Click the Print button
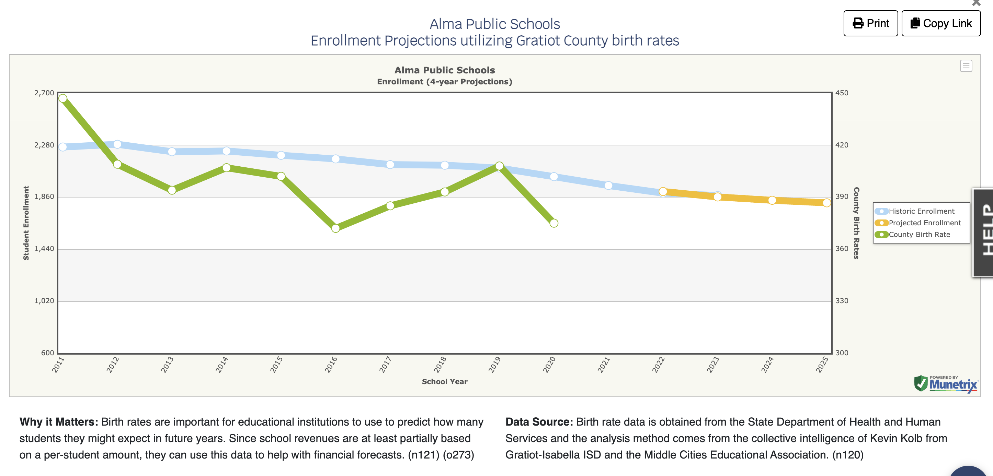coord(870,24)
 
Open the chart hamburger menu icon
coord(966,66)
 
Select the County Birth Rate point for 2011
coord(63,98)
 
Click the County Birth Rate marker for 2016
coord(335,228)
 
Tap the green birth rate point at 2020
coord(553,223)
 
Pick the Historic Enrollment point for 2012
coord(117,144)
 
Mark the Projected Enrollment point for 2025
coord(826,203)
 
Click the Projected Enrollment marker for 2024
coord(772,200)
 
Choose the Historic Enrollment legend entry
coord(921,211)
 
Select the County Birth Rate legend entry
coord(919,235)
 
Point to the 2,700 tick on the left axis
coord(44,93)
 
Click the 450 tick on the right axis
coord(842,93)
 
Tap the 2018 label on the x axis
coord(440,364)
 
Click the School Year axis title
coord(444,382)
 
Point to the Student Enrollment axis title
coord(26,223)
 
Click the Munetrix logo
coord(946,383)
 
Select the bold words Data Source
coord(539,422)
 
